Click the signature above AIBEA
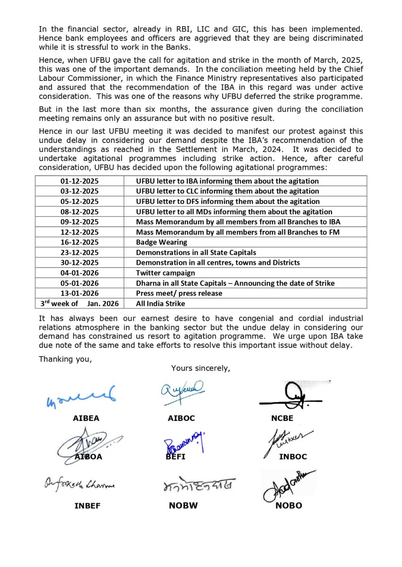[81, 396]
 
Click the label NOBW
[183, 506]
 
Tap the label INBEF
[87, 506]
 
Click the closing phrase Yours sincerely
[201, 368]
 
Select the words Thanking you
[65, 359]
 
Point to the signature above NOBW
[197, 486]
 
